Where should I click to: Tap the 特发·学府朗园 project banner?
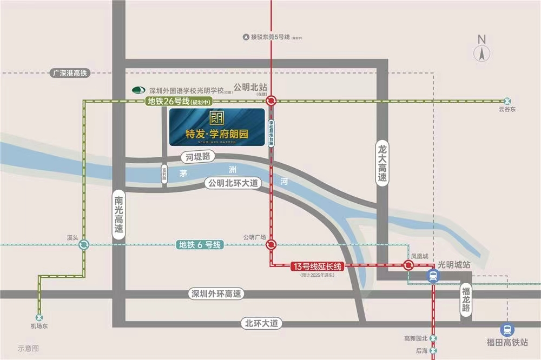216,127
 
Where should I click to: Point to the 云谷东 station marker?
507,101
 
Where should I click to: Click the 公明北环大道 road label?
234,184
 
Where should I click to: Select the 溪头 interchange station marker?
84,245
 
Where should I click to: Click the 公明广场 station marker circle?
271,245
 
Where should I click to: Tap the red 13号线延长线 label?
317,266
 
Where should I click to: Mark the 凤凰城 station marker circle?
408,265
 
